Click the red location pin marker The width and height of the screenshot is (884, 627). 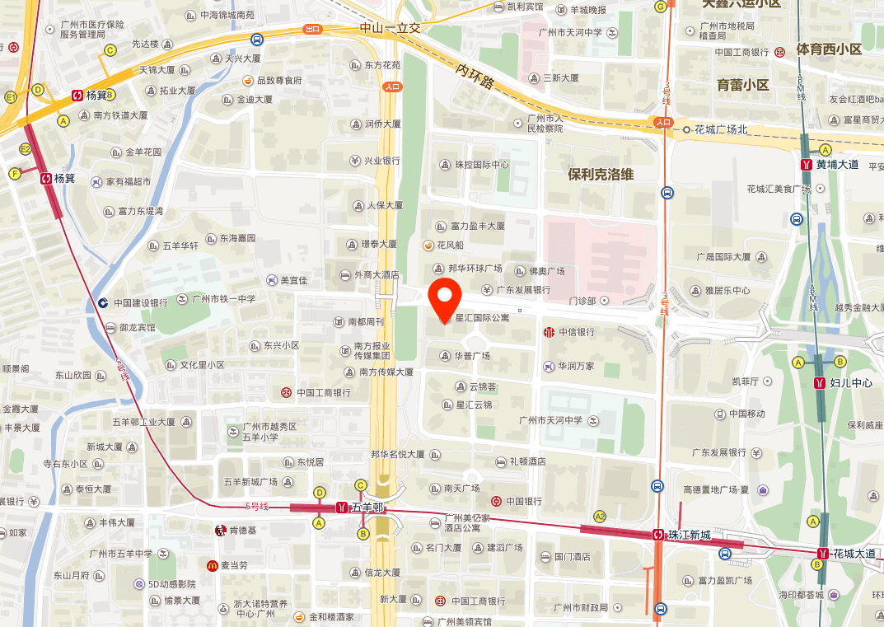445,299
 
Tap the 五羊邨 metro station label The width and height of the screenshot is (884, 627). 367,508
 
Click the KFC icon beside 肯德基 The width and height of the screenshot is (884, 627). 220,530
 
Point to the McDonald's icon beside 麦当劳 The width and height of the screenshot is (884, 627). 213,565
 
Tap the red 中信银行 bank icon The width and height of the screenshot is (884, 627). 549,332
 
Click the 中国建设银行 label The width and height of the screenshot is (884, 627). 140,302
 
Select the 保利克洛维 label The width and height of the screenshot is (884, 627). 601,174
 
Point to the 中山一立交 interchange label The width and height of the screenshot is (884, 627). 390,28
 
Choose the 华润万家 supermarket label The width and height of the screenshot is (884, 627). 575,366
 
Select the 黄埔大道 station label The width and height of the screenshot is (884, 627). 837,164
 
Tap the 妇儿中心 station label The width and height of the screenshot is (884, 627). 851,383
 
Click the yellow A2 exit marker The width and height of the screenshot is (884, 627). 600,517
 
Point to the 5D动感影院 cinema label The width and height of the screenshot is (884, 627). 171,584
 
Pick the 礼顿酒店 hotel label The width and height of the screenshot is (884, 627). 527,461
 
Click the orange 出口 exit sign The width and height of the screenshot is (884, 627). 312,29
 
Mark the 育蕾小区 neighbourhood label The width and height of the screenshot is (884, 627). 742,85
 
